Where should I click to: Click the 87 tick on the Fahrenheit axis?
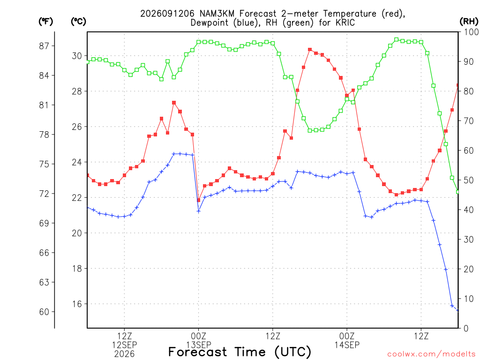pyautogui.click(x=44, y=46)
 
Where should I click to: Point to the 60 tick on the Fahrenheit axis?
pyautogui.click(x=44, y=312)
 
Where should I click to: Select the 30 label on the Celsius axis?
pyautogui.click(x=77, y=56)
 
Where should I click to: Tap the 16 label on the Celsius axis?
pyautogui.click(x=77, y=304)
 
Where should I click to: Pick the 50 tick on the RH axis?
pyautogui.click(x=469, y=180)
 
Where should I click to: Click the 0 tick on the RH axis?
pyautogui.click(x=466, y=329)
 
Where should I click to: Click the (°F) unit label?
pyautogui.click(x=45, y=22)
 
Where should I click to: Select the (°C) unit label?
pyautogui.click(x=78, y=22)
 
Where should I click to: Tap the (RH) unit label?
pyautogui.click(x=469, y=22)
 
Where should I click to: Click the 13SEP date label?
pyautogui.click(x=198, y=345)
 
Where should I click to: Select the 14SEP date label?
pyautogui.click(x=347, y=345)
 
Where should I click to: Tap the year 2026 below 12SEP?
pyautogui.click(x=124, y=354)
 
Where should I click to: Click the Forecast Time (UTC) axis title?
pyautogui.click(x=240, y=352)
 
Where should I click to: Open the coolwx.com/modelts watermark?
pyautogui.click(x=431, y=354)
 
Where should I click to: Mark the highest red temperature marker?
pyautogui.click(x=310, y=50)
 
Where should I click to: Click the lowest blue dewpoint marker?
pyautogui.click(x=457, y=310)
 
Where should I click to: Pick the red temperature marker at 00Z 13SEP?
pyautogui.click(x=198, y=200)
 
